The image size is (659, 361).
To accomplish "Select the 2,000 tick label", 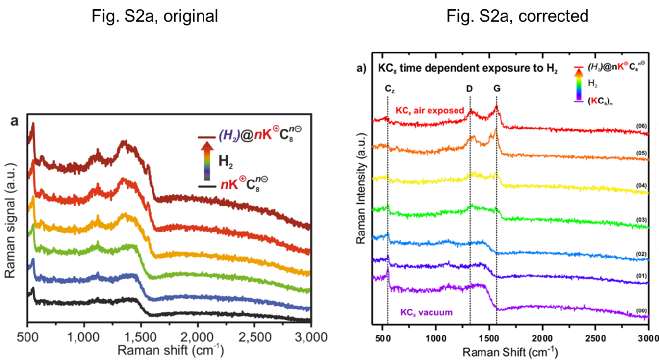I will click(198, 336).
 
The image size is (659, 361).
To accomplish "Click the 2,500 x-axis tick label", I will click(254, 336).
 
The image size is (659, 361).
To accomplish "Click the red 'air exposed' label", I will click(429, 111).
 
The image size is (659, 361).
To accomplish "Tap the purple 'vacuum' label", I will click(426, 312).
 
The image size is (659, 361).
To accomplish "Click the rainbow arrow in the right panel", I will click(579, 84).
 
